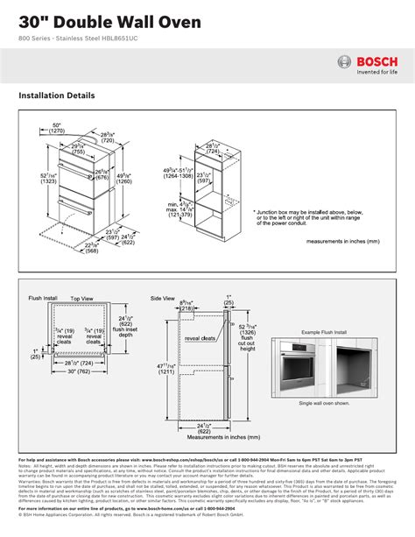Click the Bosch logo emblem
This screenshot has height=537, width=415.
(x=345, y=61)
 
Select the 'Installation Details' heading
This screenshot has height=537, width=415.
(x=57, y=95)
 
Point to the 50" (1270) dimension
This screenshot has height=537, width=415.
(x=57, y=129)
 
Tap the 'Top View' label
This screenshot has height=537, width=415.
(x=81, y=299)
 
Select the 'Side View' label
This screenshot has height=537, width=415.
(x=163, y=299)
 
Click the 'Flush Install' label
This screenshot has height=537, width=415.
(x=42, y=299)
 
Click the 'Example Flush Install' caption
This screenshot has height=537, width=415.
(x=324, y=333)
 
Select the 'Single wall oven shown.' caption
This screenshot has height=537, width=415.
(x=325, y=403)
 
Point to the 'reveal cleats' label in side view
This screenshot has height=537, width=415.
(x=200, y=337)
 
